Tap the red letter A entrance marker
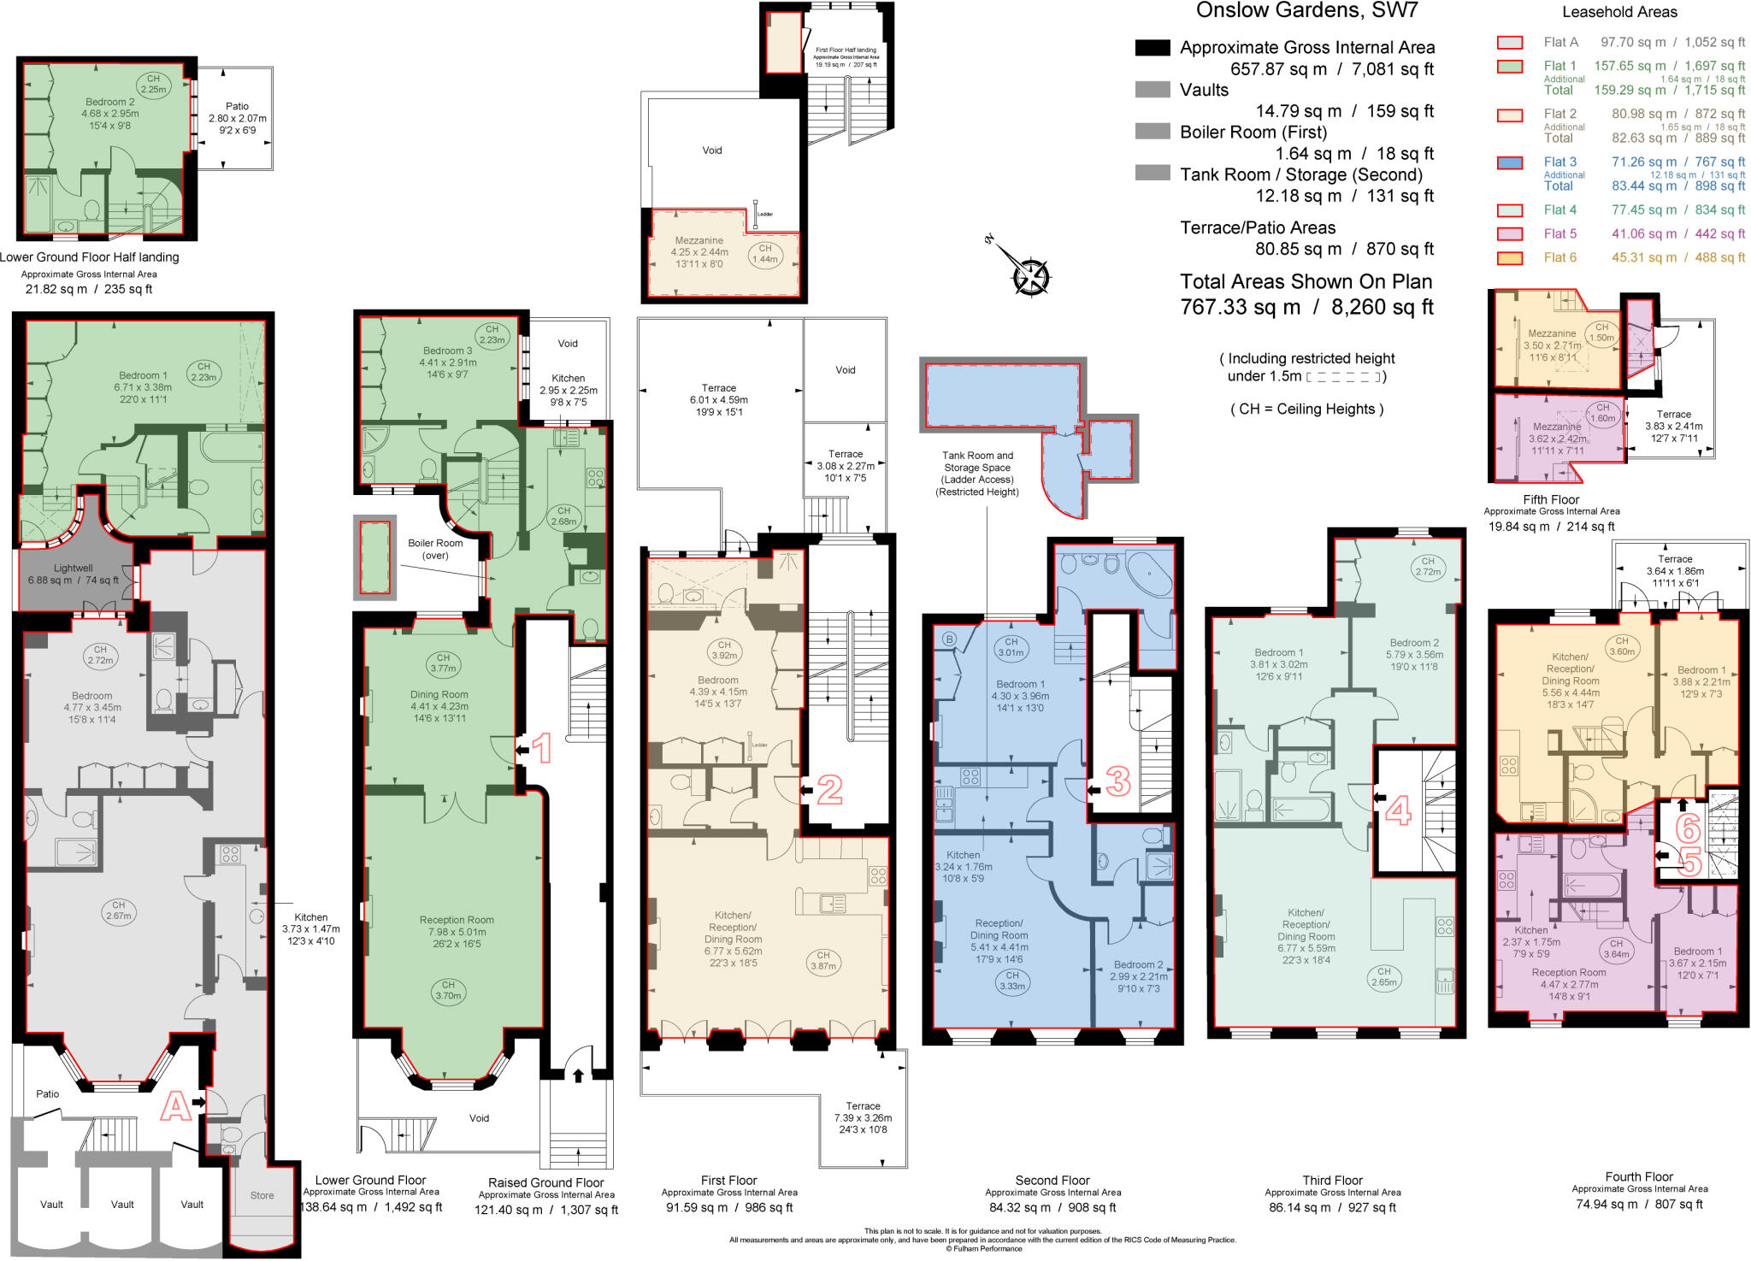(x=175, y=1106)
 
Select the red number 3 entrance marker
(x=1118, y=781)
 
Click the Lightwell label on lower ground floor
(x=73, y=568)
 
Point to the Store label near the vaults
(x=262, y=1195)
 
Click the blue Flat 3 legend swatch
(x=1510, y=162)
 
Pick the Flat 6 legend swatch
(x=1510, y=258)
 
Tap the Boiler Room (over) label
(x=435, y=549)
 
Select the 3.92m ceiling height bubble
(x=724, y=651)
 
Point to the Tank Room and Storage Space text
(x=977, y=474)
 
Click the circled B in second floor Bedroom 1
(x=948, y=639)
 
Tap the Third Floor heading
(x=1332, y=1180)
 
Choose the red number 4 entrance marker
(x=1397, y=810)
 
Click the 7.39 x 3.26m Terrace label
(x=863, y=1117)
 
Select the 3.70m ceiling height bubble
(x=448, y=990)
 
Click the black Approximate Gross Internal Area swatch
(x=1152, y=48)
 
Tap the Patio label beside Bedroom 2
(x=237, y=118)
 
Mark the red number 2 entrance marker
(x=828, y=789)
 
